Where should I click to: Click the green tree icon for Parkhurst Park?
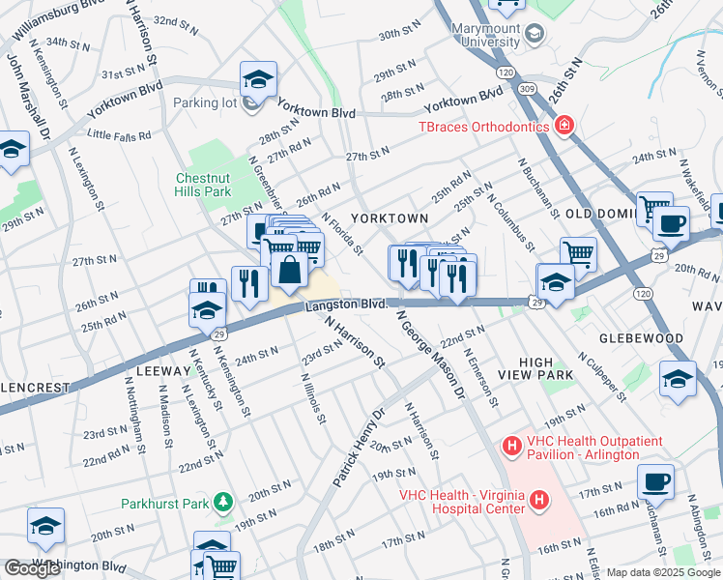pyautogui.click(x=224, y=502)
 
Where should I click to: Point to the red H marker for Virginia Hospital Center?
pyautogui.click(x=539, y=502)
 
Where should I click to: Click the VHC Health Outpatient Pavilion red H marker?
pyautogui.click(x=511, y=447)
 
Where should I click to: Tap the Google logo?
pyautogui.click(x=33, y=568)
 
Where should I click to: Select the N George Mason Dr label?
pyautogui.click(x=425, y=353)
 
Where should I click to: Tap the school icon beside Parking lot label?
pyautogui.click(x=258, y=78)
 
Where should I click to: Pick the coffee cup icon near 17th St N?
pyautogui.click(x=656, y=480)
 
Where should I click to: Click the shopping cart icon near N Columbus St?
pyautogui.click(x=578, y=254)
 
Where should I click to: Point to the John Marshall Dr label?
pyautogui.click(x=29, y=97)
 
